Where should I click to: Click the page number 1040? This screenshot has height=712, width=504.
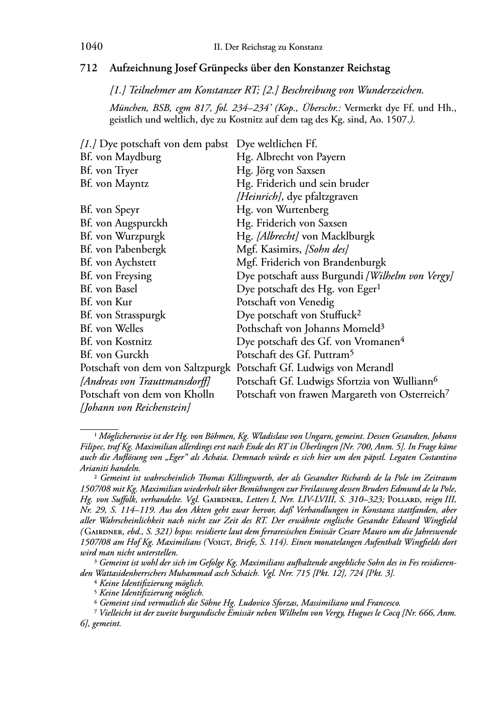coord(91,47)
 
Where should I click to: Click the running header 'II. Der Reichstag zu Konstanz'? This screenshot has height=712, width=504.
coord(268,47)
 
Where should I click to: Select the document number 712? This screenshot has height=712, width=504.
coord(88,68)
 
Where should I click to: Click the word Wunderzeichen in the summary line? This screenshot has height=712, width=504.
coord(390,90)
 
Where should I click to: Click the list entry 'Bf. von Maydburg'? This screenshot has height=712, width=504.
coord(120,157)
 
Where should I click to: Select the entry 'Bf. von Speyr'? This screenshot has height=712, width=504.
coord(109,210)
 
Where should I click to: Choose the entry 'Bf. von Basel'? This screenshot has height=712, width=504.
coord(108,289)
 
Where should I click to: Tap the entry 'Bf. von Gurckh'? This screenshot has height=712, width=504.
coord(114,354)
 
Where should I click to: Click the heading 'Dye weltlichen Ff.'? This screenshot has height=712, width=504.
coord(277,144)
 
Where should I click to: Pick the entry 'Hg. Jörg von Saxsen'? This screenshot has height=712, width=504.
coord(281,170)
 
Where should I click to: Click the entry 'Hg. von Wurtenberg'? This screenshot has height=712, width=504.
coord(282,210)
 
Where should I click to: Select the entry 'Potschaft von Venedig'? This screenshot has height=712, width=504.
coord(285,302)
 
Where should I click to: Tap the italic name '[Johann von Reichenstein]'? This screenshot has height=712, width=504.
coord(135,407)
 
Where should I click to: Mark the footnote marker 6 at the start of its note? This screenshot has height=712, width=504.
coord(95,603)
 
